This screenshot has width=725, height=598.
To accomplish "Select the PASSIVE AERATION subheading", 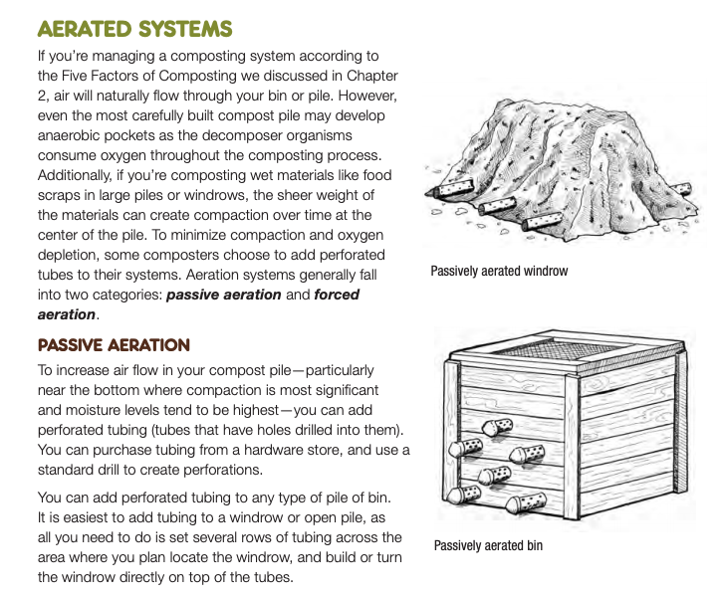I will tap(114, 345).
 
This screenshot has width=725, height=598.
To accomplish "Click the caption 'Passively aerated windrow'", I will tap(499, 271).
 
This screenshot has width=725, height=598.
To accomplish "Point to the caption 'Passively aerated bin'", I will tap(488, 545).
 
